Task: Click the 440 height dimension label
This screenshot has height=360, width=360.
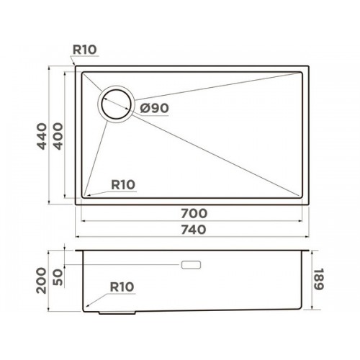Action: tap(42, 136)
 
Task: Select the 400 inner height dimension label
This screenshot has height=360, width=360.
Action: tap(58, 136)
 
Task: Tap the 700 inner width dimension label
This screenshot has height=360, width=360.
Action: tap(194, 213)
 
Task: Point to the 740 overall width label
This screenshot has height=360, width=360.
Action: tap(194, 230)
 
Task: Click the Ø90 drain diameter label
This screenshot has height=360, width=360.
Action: tap(155, 108)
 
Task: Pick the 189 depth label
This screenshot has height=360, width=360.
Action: tap(320, 279)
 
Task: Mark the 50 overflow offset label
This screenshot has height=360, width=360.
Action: tap(58, 277)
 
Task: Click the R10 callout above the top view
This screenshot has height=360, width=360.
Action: tap(84, 50)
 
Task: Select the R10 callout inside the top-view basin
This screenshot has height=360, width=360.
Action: tap(123, 185)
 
